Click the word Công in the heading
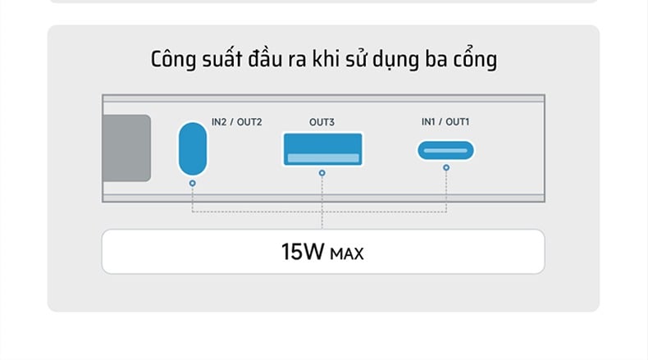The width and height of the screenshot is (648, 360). pyautogui.click(x=173, y=60)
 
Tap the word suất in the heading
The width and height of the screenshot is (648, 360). pyautogui.click(x=222, y=59)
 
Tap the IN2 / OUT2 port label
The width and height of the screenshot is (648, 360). pyautogui.click(x=237, y=122)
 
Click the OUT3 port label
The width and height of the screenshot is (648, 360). pyautogui.click(x=322, y=122)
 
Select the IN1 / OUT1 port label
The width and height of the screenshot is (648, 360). pyautogui.click(x=445, y=122)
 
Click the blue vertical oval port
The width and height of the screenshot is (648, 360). pyautogui.click(x=193, y=148)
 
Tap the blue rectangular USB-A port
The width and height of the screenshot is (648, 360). pyautogui.click(x=322, y=149)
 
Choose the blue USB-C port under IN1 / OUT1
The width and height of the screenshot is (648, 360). pyautogui.click(x=446, y=150)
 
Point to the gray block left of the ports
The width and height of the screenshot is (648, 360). pyautogui.click(x=126, y=148)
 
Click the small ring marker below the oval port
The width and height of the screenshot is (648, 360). pyautogui.click(x=193, y=183)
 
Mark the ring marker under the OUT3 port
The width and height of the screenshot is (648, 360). pyautogui.click(x=322, y=173)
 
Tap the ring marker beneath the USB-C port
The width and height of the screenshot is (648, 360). pyautogui.click(x=446, y=168)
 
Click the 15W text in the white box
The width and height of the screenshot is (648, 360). pyautogui.click(x=303, y=252)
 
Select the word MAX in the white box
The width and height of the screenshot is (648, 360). pyautogui.click(x=347, y=253)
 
